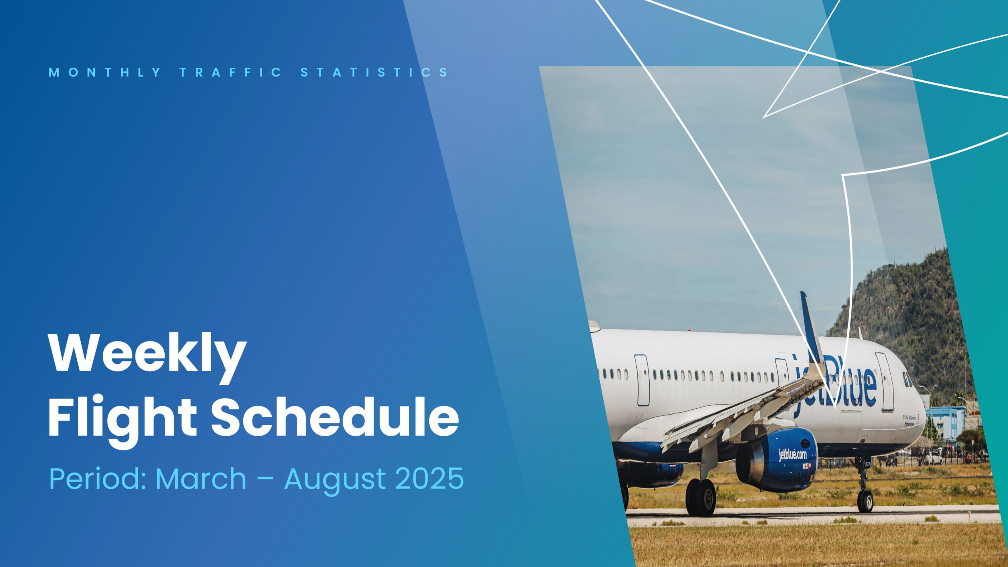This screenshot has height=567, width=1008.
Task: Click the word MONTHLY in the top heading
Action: click(x=105, y=72)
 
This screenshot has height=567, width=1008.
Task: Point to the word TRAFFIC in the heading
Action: click(x=231, y=72)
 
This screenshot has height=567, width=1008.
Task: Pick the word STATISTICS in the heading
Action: click(x=374, y=72)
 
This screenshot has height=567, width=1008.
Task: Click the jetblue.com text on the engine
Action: click(x=793, y=455)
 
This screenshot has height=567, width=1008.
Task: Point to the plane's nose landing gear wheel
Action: click(x=865, y=501)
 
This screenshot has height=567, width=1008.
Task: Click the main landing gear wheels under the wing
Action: click(x=700, y=497)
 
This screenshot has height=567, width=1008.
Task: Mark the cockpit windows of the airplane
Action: click(x=908, y=380)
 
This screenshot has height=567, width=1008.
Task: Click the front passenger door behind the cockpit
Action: click(x=884, y=382)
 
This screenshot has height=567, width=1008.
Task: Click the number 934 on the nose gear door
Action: click(x=867, y=465)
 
